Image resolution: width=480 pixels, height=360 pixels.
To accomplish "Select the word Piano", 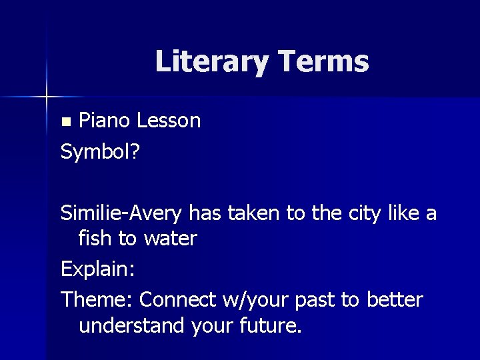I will pyautogui.click(x=105, y=121).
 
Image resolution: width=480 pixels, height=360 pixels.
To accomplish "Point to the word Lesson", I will pyautogui.click(x=168, y=121).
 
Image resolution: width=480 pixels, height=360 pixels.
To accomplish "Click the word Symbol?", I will pyautogui.click(x=100, y=153).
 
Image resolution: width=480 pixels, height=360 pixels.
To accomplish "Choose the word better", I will pyautogui.click(x=394, y=300).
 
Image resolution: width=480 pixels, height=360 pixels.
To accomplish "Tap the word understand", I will pyautogui.click(x=132, y=327).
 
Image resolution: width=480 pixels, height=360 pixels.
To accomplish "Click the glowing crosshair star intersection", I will pyautogui.click(x=47, y=97).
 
